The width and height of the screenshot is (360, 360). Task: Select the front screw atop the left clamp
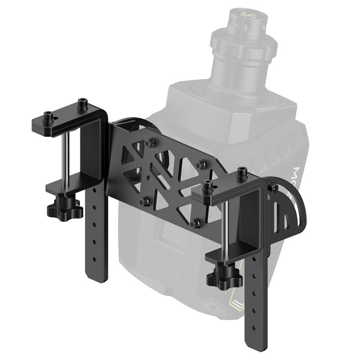click(x=49, y=117)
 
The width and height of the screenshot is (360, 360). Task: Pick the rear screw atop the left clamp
click(x=82, y=103)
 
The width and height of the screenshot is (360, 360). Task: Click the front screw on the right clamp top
click(x=208, y=185)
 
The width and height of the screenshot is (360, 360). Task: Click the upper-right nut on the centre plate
click(x=202, y=165)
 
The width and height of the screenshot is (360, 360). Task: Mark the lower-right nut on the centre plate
click(x=196, y=223)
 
